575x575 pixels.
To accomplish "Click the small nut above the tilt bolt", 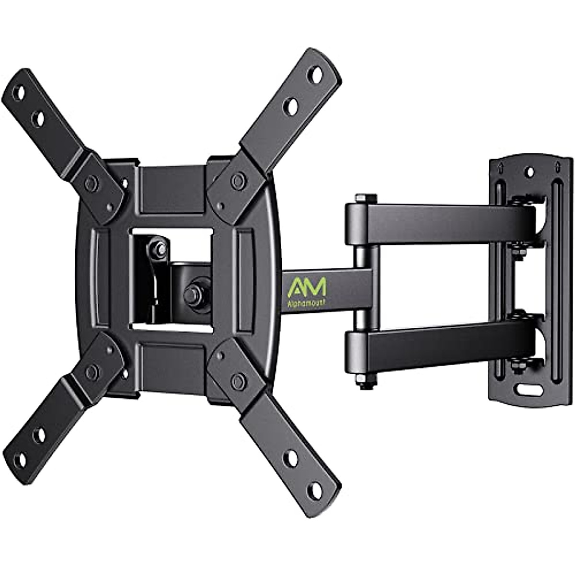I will (159, 249).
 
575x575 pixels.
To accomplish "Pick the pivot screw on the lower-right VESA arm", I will (236, 379).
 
